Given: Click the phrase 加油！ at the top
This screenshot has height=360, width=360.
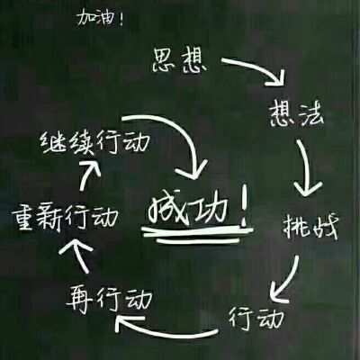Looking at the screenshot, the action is (100, 19).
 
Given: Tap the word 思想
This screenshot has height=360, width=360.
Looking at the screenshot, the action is (179, 60).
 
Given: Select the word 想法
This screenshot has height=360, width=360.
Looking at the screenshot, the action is (296, 113).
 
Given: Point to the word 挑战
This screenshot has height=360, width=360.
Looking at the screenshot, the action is (311, 227).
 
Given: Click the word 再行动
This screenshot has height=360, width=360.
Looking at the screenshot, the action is (109, 299).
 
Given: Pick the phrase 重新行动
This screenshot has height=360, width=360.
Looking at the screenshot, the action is (65, 216).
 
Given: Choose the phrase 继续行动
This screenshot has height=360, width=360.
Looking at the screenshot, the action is (94, 142).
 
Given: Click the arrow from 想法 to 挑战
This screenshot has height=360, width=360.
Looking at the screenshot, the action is (307, 168).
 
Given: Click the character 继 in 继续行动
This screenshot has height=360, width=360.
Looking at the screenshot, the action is (53, 142).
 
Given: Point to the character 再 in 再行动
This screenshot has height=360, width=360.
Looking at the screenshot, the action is (79, 299).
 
